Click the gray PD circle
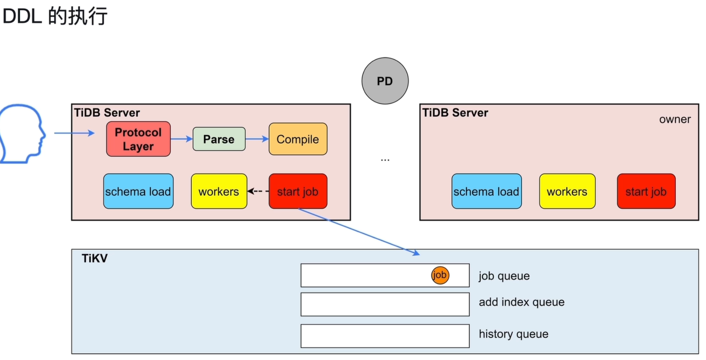(x=385, y=81)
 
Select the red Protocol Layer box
(x=138, y=139)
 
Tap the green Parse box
(x=219, y=139)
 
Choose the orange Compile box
(x=298, y=139)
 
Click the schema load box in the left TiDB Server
(x=138, y=191)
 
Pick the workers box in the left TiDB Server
(x=219, y=191)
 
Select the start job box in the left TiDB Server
(x=298, y=191)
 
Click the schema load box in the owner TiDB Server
(x=487, y=191)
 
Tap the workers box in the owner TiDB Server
(x=567, y=191)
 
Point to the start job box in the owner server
(x=646, y=191)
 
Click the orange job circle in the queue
(x=440, y=275)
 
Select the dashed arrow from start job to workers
(x=258, y=191)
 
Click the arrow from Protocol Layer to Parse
(x=182, y=139)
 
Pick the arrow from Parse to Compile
(x=257, y=139)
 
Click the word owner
(x=675, y=119)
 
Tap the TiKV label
(x=94, y=258)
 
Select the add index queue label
(x=522, y=302)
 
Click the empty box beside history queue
(x=385, y=336)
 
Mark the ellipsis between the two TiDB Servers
(x=385, y=160)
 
